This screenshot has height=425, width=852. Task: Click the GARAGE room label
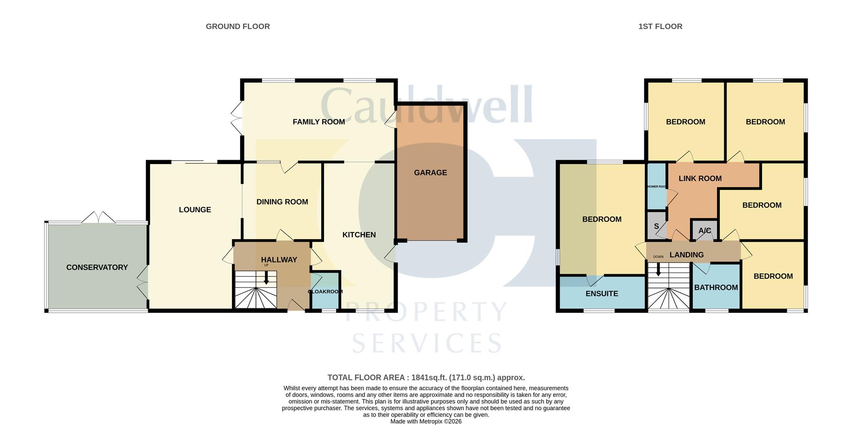tap(430, 173)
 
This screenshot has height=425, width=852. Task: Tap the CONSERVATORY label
tap(97, 267)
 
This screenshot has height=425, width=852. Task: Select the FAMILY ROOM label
tap(319, 122)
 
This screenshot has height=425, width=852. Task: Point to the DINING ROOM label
tap(282, 202)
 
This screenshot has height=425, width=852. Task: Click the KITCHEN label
tap(359, 235)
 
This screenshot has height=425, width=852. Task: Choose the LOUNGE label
tap(195, 210)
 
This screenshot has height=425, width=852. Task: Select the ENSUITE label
tap(601, 294)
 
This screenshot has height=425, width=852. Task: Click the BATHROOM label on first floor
tap(716, 287)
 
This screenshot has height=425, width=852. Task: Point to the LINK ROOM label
tap(700, 178)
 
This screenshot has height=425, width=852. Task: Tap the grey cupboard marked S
tap(656, 226)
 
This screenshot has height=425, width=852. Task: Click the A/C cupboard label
tap(704, 231)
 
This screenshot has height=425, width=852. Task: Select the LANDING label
tap(686, 255)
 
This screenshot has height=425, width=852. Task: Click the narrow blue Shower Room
tap(656, 187)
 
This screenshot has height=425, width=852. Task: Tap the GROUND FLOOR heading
tap(237, 27)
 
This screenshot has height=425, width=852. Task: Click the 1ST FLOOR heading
tap(660, 27)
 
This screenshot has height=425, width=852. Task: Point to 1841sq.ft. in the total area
tap(429, 378)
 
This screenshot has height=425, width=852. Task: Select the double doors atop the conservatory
tap(99, 217)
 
